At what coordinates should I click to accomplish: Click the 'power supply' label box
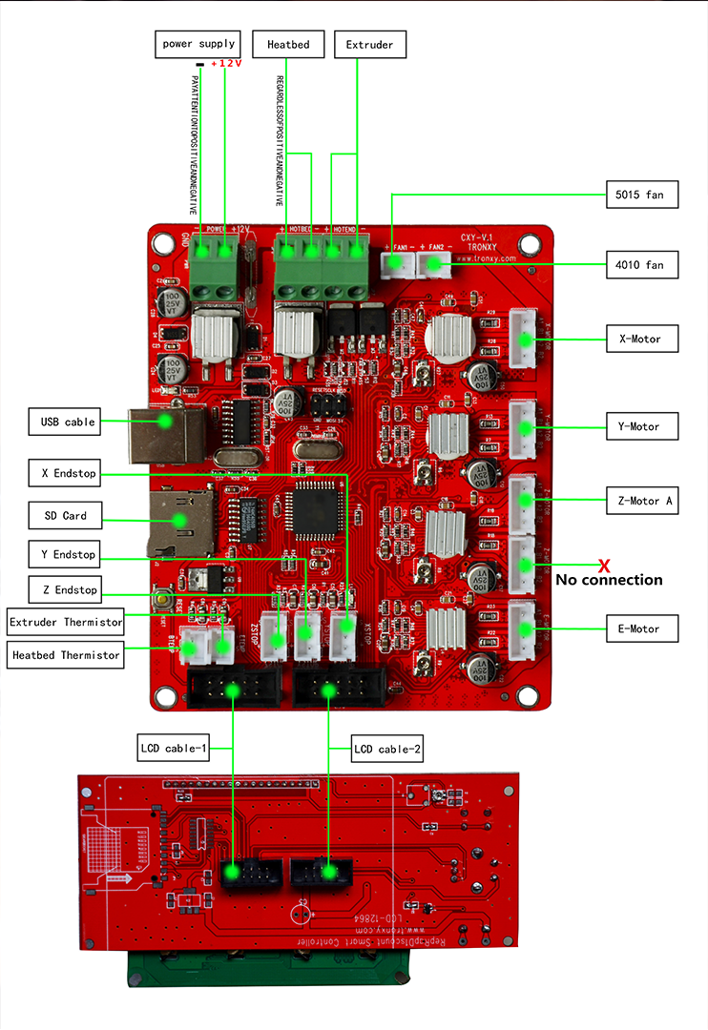tap(198, 44)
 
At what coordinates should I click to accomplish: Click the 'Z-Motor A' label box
tap(642, 500)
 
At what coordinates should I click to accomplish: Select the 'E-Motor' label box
tap(642, 628)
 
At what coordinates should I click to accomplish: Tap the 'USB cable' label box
tap(67, 422)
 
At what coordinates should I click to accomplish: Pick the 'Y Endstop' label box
tap(63, 554)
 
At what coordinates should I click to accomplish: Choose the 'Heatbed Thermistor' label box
tap(66, 655)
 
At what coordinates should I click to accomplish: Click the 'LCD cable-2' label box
tap(387, 749)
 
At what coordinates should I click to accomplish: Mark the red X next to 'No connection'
tap(604, 566)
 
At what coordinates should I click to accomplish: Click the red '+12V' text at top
tap(226, 64)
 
